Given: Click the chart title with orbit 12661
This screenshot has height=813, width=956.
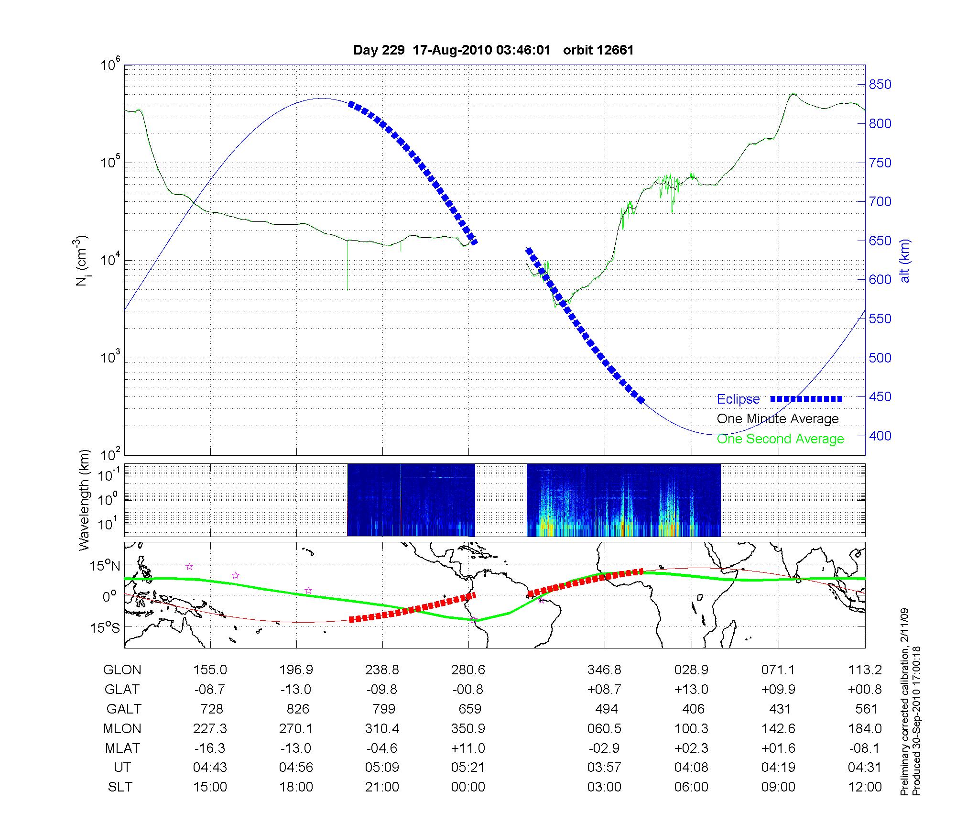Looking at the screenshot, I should [x=493, y=50].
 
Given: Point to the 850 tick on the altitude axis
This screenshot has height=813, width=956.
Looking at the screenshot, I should [x=880, y=85].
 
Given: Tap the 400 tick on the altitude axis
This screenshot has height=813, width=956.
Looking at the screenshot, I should [x=880, y=436].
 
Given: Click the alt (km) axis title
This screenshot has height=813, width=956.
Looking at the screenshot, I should [x=905, y=261].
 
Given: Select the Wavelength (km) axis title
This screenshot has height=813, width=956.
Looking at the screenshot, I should [x=84, y=500].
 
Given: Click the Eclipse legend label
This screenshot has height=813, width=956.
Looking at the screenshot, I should [x=738, y=399].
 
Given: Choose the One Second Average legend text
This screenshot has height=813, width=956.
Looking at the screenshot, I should [x=780, y=439].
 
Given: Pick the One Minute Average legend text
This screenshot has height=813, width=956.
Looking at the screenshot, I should [x=778, y=419].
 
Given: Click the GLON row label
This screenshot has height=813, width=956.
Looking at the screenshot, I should [x=122, y=670].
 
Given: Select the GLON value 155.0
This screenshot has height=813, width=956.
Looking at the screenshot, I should [x=210, y=670].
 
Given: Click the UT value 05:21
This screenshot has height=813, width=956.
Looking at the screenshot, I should [x=468, y=768].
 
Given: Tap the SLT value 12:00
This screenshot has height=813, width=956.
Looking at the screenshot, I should [x=865, y=787].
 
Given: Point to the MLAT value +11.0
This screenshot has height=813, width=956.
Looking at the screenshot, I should [x=468, y=748].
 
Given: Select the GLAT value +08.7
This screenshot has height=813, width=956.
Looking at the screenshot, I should [x=605, y=690].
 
